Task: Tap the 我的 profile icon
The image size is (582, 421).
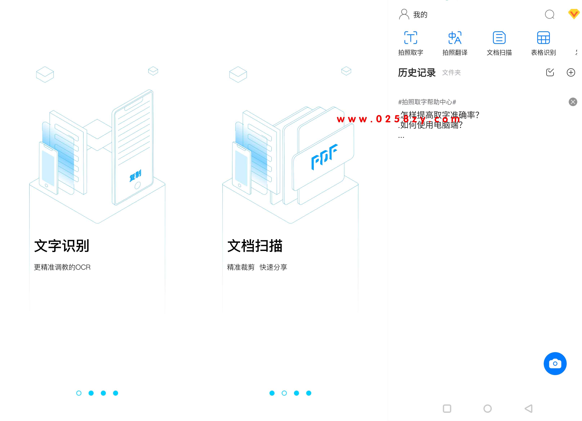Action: tap(404, 14)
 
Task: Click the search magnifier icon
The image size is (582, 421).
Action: tap(549, 14)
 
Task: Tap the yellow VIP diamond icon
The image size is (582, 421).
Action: tap(574, 14)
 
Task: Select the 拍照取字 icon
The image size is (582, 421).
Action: tap(411, 38)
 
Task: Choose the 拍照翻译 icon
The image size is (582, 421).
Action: tap(455, 38)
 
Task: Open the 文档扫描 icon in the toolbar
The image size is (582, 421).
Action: tap(499, 38)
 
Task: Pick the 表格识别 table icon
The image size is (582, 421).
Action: tap(543, 38)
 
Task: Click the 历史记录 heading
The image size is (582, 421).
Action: tap(417, 73)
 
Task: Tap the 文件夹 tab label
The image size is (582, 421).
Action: tap(451, 73)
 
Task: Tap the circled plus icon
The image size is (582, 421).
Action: tap(571, 72)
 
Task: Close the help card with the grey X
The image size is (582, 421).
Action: tap(573, 102)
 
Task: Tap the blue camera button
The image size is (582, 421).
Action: tap(555, 363)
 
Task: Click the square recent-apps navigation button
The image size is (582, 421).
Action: tap(447, 408)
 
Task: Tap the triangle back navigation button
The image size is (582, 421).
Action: tap(529, 408)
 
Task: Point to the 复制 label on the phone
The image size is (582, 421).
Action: tap(135, 176)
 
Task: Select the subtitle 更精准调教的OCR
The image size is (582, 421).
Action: tap(62, 267)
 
